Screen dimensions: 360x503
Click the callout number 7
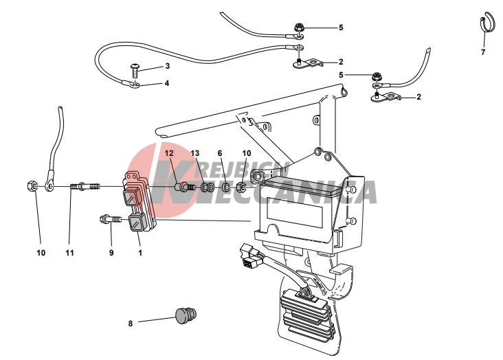pyautogui.click(x=483, y=52)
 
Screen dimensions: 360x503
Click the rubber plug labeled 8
pyautogui.click(x=186, y=315)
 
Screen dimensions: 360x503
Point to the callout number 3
pyautogui.click(x=166, y=67)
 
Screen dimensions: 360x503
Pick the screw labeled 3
pyautogui.click(x=136, y=68)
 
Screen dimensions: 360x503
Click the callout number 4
pyautogui.click(x=166, y=83)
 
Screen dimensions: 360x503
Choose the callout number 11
pyautogui.click(x=69, y=253)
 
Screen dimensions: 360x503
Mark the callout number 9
pyautogui.click(x=111, y=253)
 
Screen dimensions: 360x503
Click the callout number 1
pyautogui.click(x=140, y=253)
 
